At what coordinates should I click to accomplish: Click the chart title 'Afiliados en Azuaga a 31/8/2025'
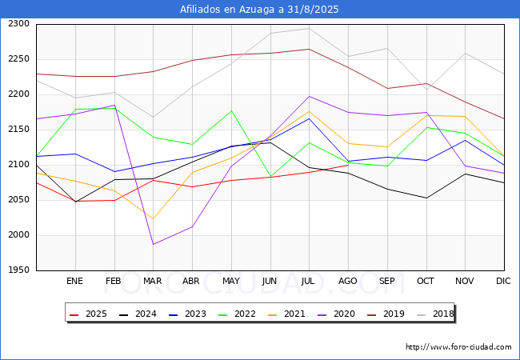tap(260, 10)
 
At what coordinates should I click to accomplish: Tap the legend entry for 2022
tap(243, 314)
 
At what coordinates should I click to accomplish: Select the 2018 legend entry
tap(442, 314)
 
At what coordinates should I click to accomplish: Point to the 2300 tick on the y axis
tap(19, 24)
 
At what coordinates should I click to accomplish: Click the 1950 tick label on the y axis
tap(19, 270)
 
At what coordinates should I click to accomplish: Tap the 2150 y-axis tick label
tap(19, 130)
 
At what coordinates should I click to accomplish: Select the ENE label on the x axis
tap(74, 281)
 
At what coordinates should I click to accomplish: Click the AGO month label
tap(348, 281)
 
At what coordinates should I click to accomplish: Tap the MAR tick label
tap(153, 281)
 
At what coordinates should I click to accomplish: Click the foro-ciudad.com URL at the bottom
tap(458, 347)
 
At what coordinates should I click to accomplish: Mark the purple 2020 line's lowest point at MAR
tap(153, 244)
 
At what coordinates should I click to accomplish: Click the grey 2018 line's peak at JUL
tap(309, 28)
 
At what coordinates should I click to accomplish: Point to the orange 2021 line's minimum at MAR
tap(153, 218)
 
